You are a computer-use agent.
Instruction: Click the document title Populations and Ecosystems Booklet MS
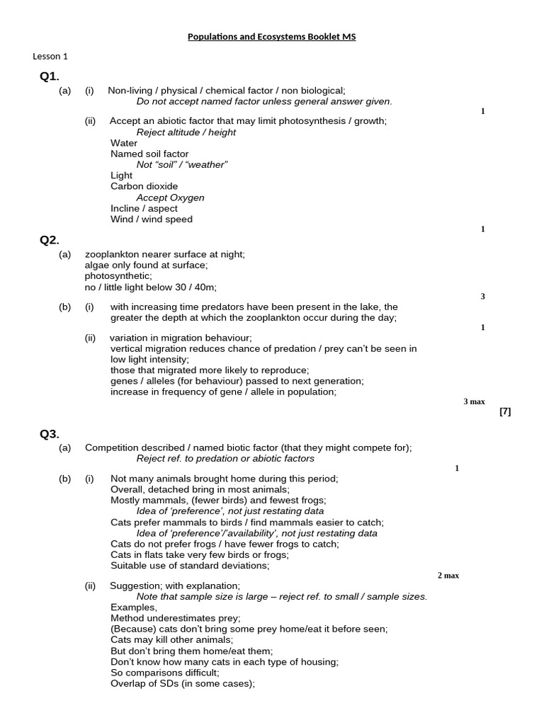click(x=272, y=36)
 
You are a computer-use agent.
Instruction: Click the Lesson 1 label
click(x=50, y=57)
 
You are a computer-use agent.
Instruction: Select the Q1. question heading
click(x=50, y=76)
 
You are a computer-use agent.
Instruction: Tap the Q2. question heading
click(x=50, y=239)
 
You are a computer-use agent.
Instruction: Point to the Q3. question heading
click(x=50, y=434)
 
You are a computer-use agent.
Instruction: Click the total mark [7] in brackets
click(x=505, y=412)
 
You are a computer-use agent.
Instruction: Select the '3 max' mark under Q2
click(x=474, y=401)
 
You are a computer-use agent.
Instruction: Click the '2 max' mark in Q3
click(x=448, y=576)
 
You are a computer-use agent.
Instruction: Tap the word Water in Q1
click(x=124, y=143)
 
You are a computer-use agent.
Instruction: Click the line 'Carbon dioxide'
click(x=144, y=187)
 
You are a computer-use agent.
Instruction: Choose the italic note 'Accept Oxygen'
click(x=170, y=198)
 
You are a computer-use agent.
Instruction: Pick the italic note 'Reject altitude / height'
click(x=186, y=132)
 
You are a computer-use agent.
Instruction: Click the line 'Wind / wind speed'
click(x=151, y=219)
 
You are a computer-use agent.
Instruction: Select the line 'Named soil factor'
click(x=149, y=154)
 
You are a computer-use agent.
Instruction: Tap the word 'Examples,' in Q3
click(x=134, y=607)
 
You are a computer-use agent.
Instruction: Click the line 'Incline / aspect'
click(x=144, y=209)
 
